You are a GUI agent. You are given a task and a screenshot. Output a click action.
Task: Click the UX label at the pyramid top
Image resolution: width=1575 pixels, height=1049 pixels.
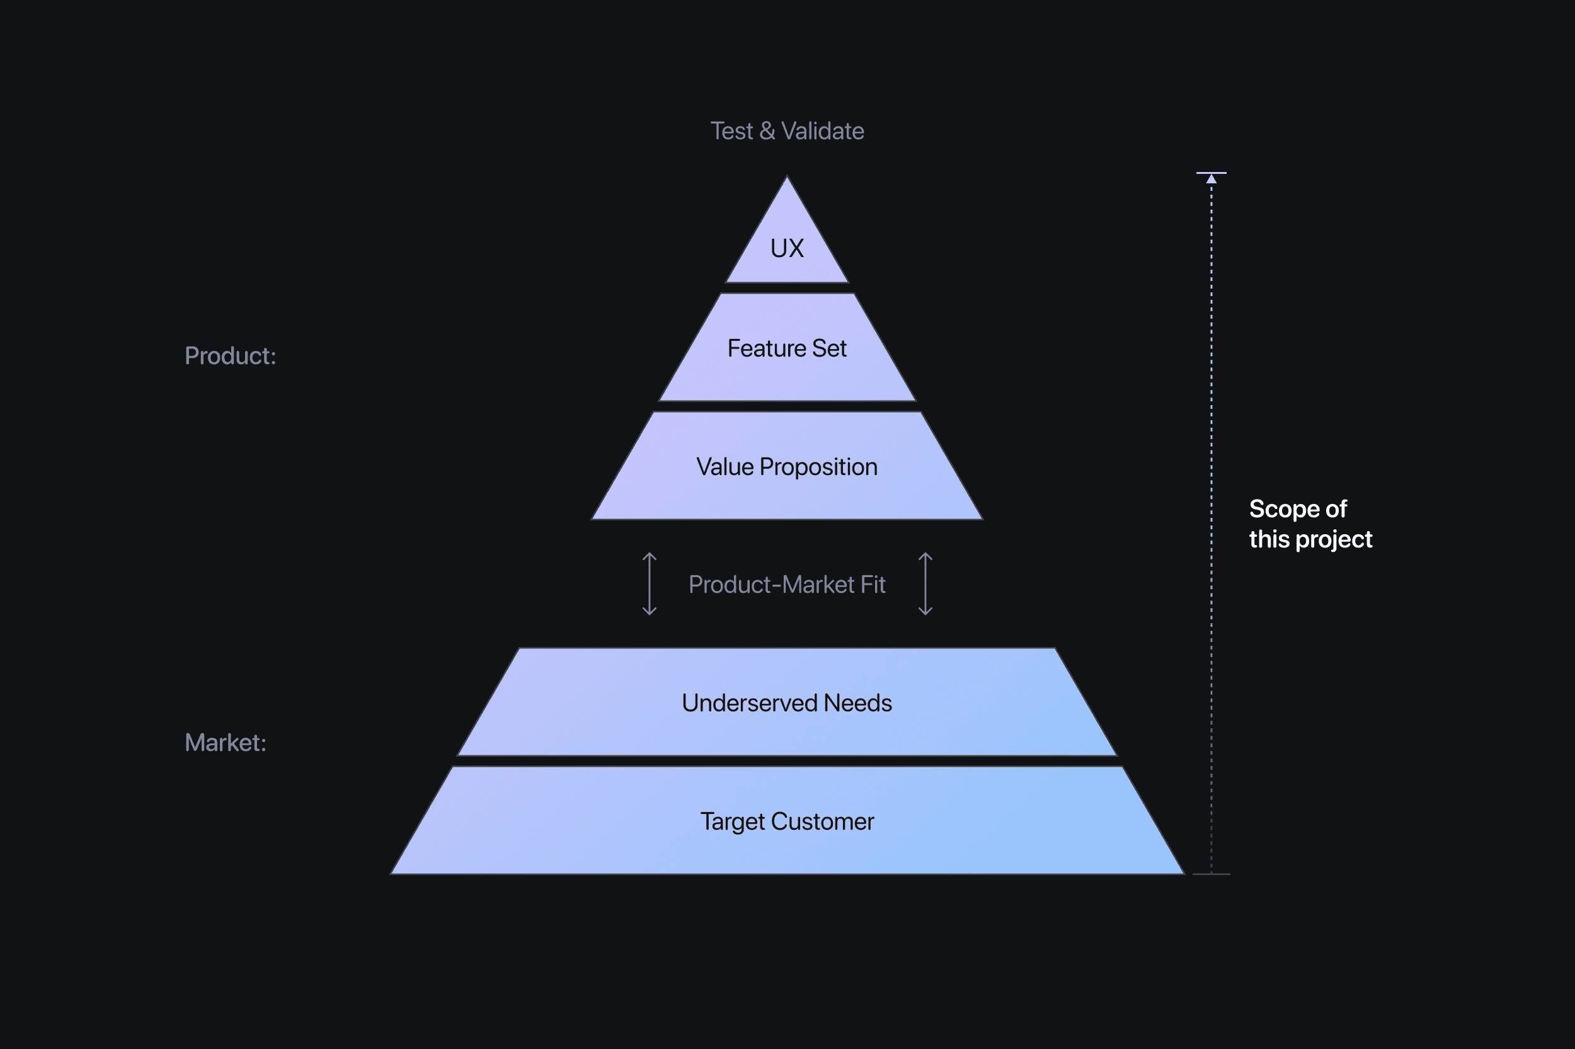pyautogui.click(x=786, y=248)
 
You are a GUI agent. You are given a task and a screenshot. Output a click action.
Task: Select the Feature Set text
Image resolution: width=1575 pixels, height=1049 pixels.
pyautogui.click(x=786, y=348)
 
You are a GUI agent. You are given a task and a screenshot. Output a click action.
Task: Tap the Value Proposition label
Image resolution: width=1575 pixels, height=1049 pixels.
pyautogui.click(x=786, y=467)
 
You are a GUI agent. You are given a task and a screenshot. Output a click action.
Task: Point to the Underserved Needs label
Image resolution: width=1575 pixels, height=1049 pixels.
pyautogui.click(x=786, y=703)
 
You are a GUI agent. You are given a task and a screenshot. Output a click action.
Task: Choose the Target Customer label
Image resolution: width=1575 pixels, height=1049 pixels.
pyautogui.click(x=786, y=822)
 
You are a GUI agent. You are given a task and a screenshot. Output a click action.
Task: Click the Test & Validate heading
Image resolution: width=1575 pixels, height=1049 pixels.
pyautogui.click(x=786, y=131)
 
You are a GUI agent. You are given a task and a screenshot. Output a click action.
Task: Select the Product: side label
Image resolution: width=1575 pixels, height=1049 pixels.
pyautogui.click(x=230, y=356)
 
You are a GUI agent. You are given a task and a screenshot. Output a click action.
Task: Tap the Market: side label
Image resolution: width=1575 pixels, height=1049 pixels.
pyautogui.click(x=226, y=743)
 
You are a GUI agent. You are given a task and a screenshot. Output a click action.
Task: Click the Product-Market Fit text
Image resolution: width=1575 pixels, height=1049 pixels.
pyautogui.click(x=786, y=585)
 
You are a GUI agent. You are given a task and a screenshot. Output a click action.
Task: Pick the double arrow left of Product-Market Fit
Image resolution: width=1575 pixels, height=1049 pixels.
pyautogui.click(x=649, y=584)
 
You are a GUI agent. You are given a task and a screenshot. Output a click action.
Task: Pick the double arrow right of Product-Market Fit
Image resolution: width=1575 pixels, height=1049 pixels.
pyautogui.click(x=925, y=584)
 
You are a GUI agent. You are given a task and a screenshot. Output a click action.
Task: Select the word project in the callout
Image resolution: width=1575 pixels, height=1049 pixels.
pyautogui.click(x=1334, y=540)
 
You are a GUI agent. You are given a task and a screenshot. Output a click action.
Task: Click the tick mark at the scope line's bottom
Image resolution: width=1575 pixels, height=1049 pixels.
pyautogui.click(x=1211, y=874)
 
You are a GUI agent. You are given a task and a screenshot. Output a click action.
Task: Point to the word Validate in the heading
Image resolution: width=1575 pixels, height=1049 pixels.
pyautogui.click(x=823, y=131)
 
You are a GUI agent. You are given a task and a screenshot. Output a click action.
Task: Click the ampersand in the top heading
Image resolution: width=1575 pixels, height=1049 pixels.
pyautogui.click(x=767, y=131)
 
